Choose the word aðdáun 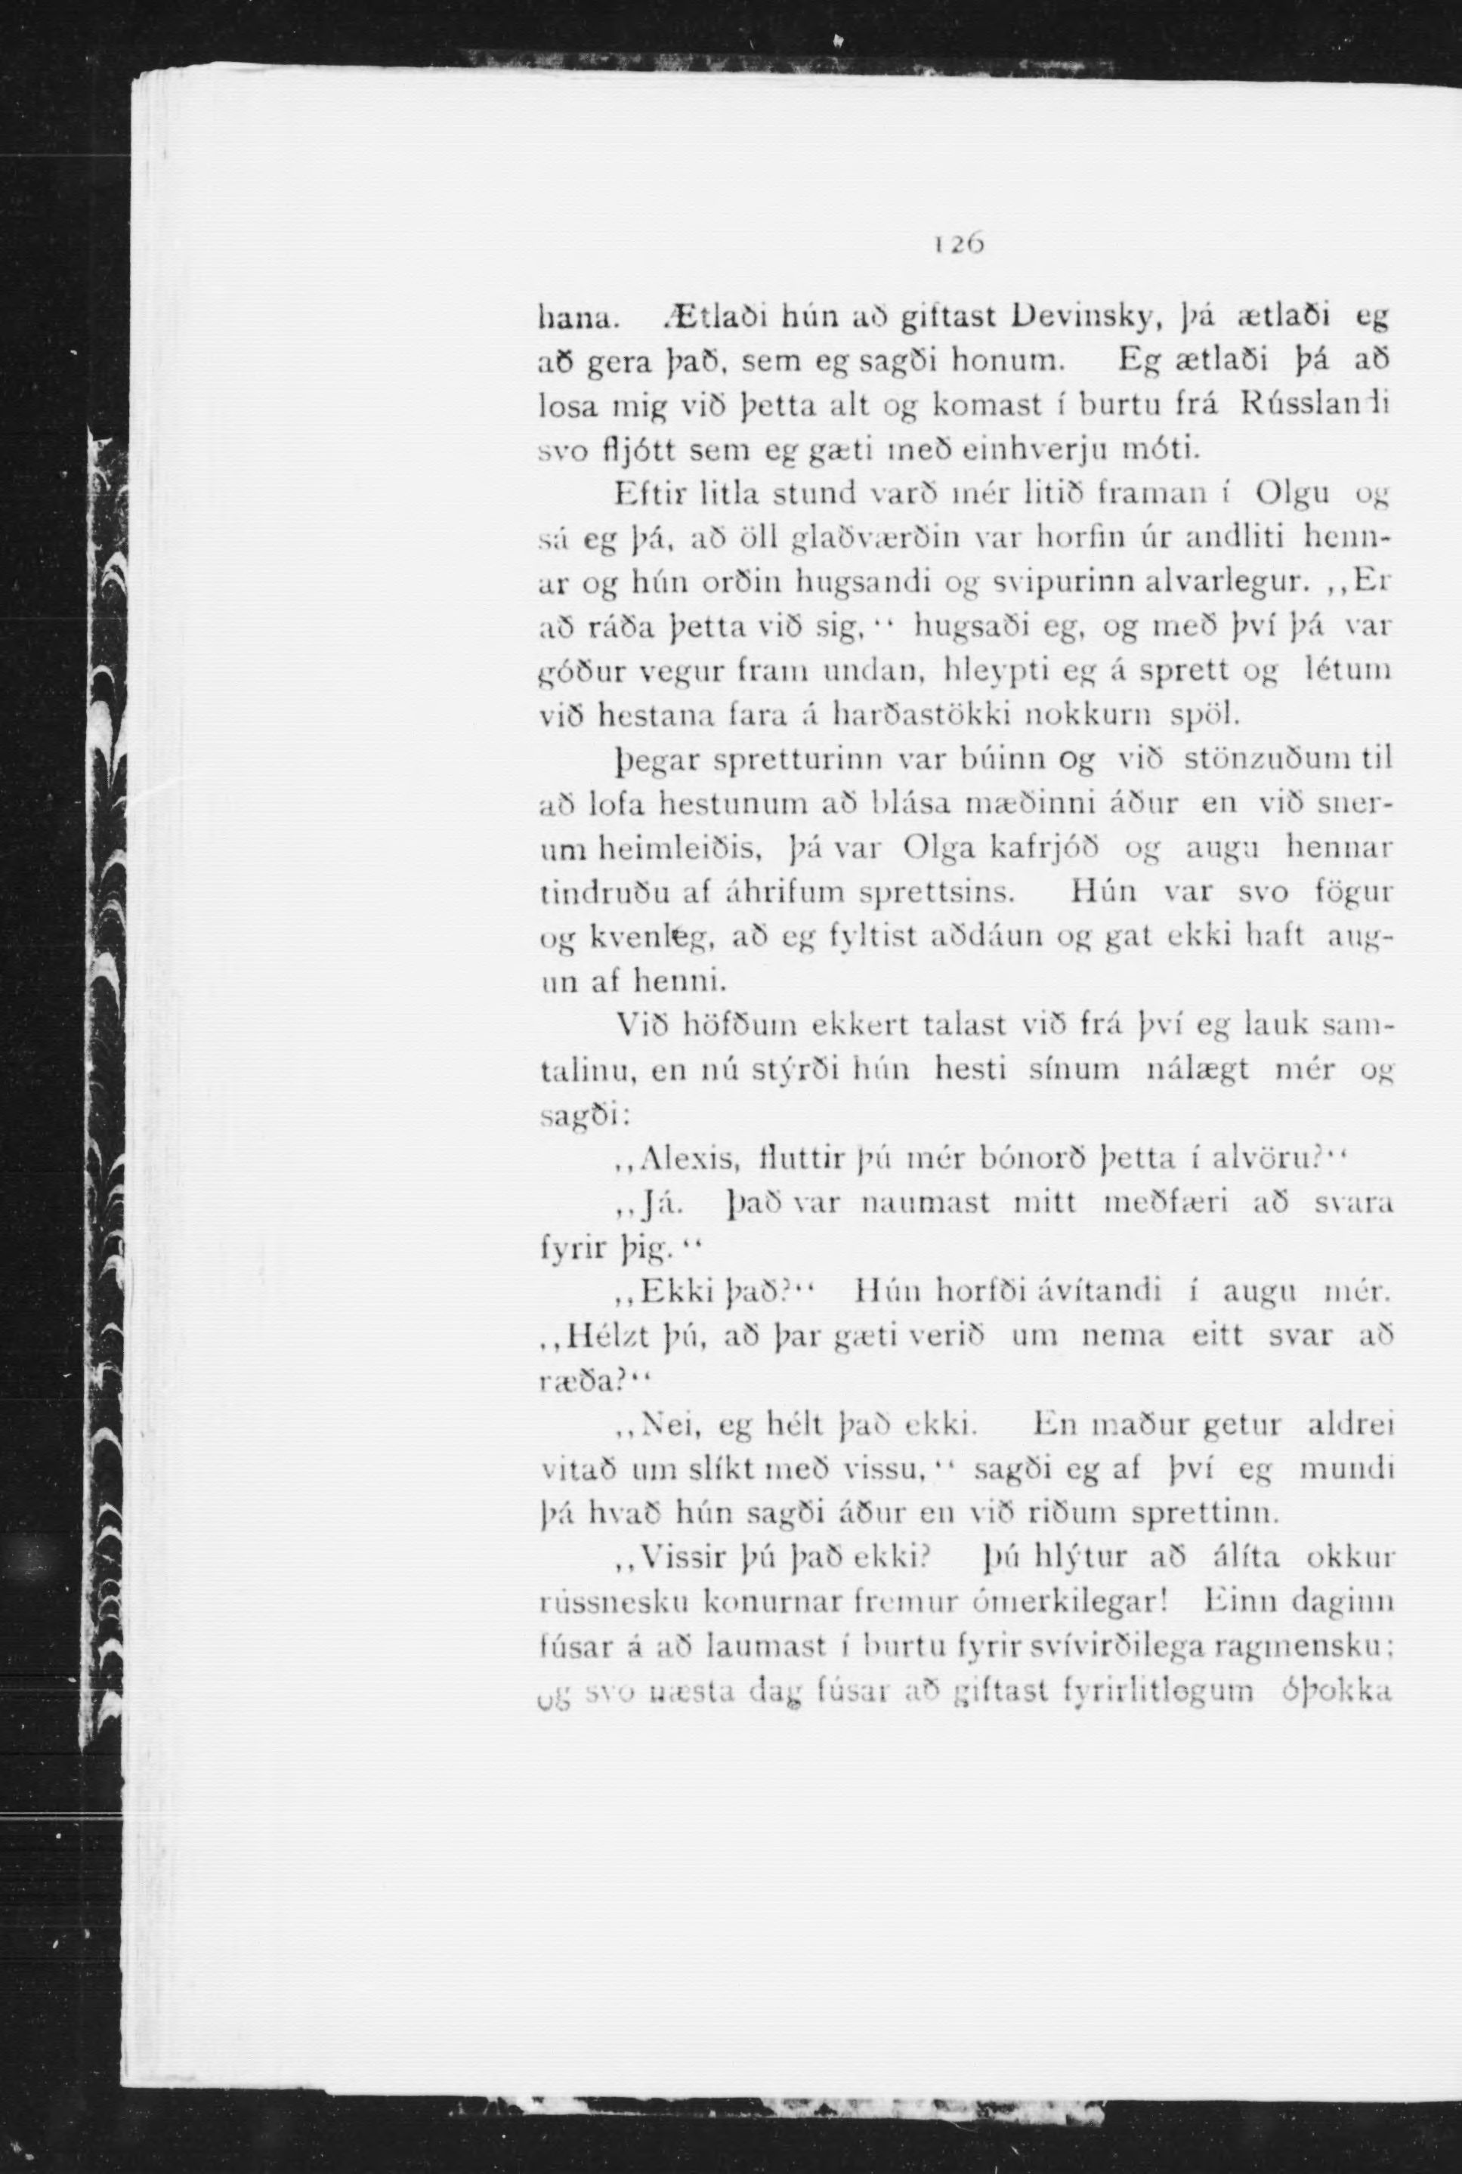coord(991,936)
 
